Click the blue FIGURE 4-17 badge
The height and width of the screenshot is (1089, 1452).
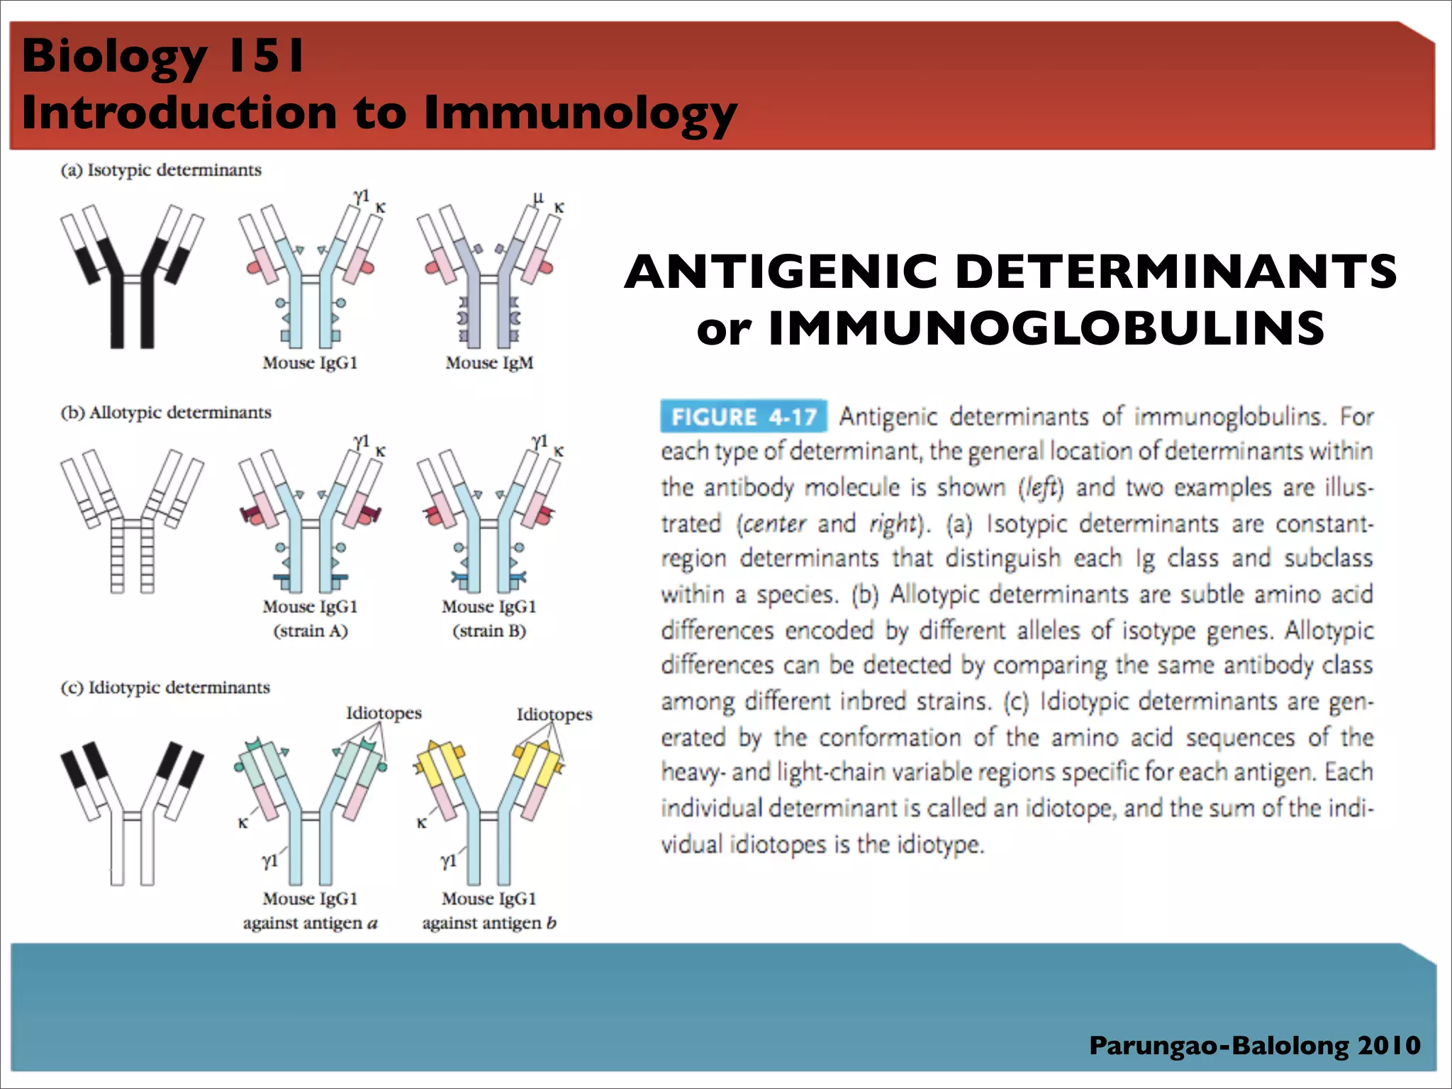743,416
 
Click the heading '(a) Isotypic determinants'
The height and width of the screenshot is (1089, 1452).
161,170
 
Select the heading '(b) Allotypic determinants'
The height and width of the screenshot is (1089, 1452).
166,413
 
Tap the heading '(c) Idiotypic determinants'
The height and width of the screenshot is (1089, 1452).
165,688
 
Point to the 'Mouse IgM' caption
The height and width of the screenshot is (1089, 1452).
489,363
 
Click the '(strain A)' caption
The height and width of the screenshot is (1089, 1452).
311,631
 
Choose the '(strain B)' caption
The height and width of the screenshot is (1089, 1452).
489,631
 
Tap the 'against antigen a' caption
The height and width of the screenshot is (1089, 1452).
310,923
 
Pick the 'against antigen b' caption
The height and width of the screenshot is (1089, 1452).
489,923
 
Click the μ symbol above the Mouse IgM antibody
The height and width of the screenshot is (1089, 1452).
538,198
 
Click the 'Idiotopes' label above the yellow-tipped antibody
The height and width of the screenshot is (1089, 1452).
554,714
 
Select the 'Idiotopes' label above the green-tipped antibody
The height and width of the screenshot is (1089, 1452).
384,713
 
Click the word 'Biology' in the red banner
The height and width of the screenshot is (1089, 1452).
114,57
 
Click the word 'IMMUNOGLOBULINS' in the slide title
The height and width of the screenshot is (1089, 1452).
1046,328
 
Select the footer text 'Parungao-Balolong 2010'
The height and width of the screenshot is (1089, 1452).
1254,1046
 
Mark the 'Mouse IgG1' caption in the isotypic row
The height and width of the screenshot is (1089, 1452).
310,363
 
